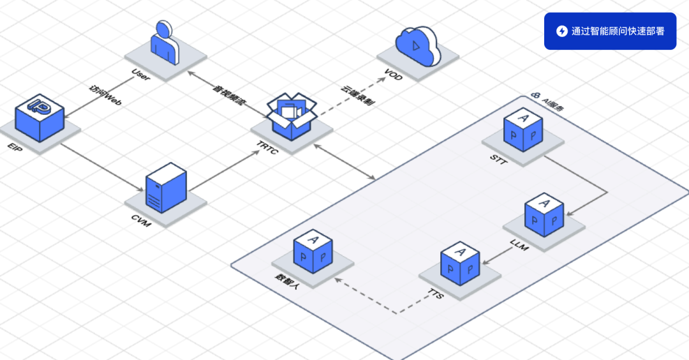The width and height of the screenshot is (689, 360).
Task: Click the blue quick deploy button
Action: click(609, 31)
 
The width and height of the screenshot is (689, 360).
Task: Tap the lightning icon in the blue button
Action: click(561, 31)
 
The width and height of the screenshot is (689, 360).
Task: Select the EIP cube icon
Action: click(40, 118)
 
